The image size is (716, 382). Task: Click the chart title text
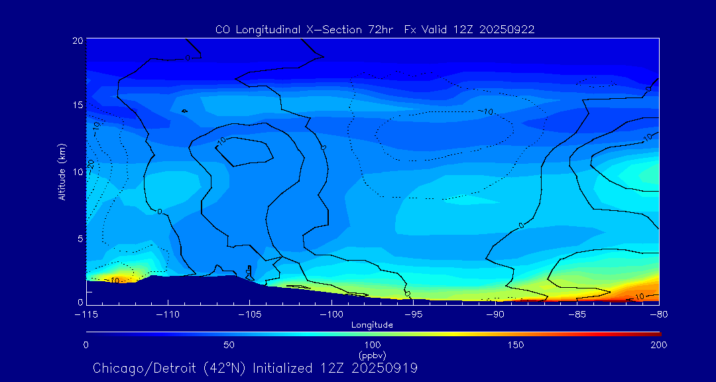click(x=375, y=29)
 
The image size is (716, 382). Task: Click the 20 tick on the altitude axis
click(x=78, y=40)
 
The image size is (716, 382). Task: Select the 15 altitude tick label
click(x=78, y=105)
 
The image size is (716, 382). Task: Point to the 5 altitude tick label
click(x=80, y=238)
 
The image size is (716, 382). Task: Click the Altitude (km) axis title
click(x=62, y=171)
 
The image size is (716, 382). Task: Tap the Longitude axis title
click(x=372, y=325)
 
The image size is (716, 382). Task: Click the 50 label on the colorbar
click(x=229, y=345)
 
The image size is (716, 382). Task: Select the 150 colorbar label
click(x=515, y=345)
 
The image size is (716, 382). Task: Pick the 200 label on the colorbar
click(x=658, y=345)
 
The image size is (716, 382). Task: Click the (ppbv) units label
click(x=372, y=354)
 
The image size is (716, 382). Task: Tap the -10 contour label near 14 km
click(x=486, y=111)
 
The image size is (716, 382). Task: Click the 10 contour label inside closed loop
click(x=221, y=140)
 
